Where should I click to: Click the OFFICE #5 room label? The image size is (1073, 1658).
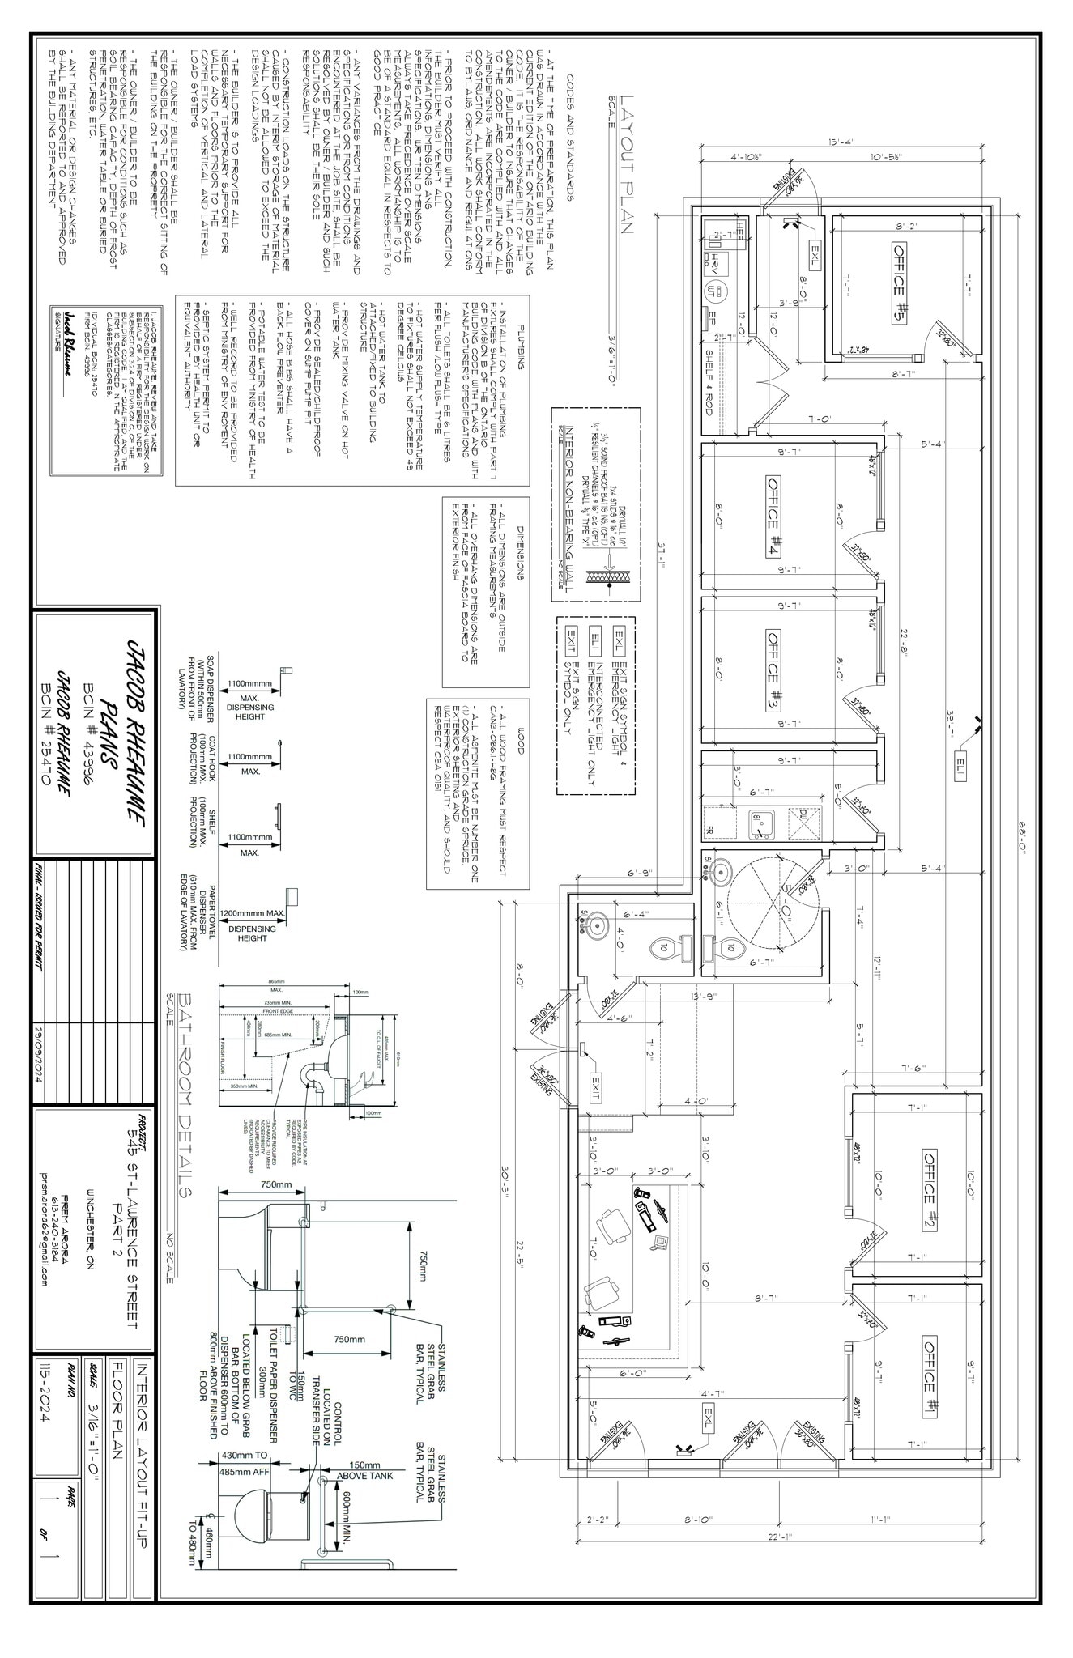(899, 283)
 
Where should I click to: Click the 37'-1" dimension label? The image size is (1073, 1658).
(660, 559)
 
